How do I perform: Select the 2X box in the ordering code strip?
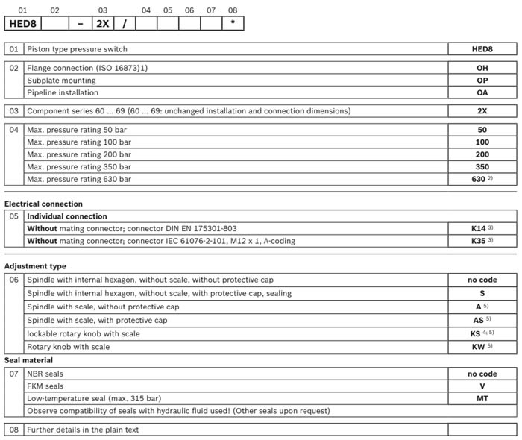[102, 23]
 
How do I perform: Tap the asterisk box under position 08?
[233, 23]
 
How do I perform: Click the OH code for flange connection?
[482, 67]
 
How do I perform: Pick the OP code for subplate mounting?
[482, 80]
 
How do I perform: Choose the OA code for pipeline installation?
[482, 92]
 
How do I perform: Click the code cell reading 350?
[482, 166]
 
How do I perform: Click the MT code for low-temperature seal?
[482, 399]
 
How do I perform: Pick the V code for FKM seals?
[482, 386]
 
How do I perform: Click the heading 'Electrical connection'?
[43, 204]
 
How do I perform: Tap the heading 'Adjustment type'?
[35, 266]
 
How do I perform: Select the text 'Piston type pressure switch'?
[77, 49]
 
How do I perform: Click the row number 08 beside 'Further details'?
[13, 430]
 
